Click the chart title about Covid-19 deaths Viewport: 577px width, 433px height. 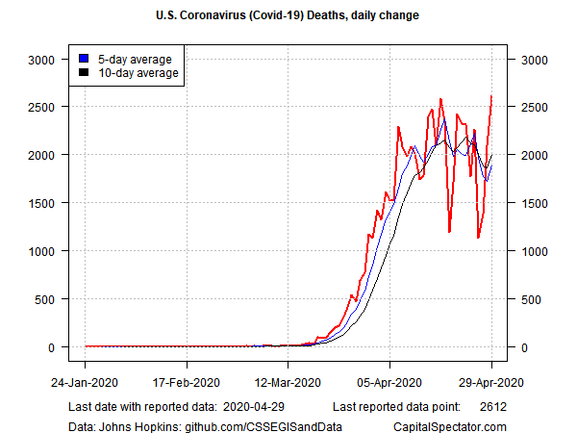coord(288,16)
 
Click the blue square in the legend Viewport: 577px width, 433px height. coord(85,57)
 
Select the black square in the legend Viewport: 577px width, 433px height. coord(85,71)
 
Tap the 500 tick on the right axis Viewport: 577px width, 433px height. coord(531,298)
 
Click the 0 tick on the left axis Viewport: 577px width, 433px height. coord(52,347)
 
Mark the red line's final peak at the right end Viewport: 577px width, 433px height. coord(491,96)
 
